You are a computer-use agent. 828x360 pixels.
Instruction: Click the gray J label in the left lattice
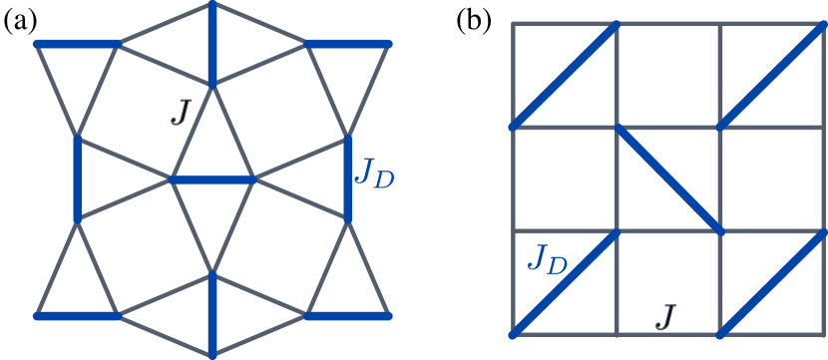coord(180,111)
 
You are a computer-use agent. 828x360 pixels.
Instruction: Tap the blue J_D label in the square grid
coord(547,260)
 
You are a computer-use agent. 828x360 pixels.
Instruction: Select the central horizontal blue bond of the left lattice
coord(212,180)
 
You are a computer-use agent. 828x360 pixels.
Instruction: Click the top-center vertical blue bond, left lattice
coord(212,45)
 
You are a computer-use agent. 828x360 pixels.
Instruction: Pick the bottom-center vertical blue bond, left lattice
coord(212,314)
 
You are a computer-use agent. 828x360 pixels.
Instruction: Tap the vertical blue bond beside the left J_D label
coord(349,180)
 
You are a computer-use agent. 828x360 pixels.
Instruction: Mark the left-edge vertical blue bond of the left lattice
coord(77,180)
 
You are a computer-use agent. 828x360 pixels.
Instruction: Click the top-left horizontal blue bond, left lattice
coord(78,44)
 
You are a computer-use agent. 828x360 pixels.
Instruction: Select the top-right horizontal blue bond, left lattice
coord(346,44)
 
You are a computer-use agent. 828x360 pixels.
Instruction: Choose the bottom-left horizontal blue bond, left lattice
coord(78,316)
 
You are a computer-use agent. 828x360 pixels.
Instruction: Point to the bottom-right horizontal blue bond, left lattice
coord(346,316)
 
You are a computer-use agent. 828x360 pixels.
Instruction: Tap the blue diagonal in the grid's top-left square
coord(564,76)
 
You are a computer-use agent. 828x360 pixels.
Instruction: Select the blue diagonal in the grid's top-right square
coord(771,76)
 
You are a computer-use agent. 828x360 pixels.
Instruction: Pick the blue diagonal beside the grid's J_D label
coord(564,283)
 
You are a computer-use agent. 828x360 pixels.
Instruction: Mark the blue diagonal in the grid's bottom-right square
coord(771,283)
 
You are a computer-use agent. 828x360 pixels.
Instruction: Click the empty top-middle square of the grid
coord(667,76)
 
